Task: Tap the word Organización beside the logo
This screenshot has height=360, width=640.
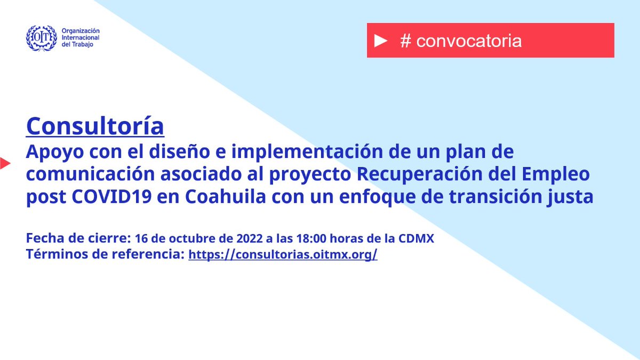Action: click(x=81, y=31)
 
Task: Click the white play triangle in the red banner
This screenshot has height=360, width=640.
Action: click(x=380, y=41)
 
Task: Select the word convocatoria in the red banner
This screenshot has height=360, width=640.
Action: click(x=469, y=41)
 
